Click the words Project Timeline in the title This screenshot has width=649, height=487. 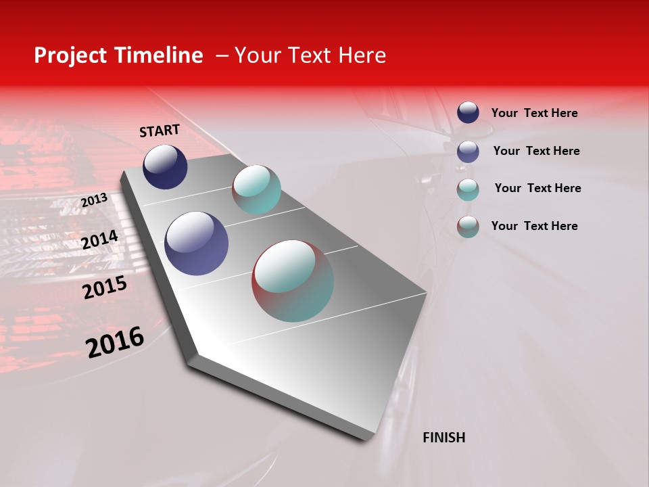pos(118,55)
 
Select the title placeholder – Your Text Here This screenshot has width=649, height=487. pos(301,55)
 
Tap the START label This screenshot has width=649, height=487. pos(160,131)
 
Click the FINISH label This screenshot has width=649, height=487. pos(443,438)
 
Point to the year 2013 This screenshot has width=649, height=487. pos(94,200)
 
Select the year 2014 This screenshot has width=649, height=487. pos(100,239)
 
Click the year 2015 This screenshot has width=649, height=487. pos(105,287)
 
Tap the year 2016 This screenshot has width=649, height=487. pos(115,342)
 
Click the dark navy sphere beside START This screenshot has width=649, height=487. pos(165,167)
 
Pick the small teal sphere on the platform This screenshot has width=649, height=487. pos(256,189)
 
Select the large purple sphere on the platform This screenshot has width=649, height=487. pos(197,243)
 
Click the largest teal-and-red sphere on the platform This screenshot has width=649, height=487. pos(293,281)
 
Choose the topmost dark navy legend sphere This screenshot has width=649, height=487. pos(468,112)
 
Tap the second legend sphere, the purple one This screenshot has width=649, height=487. pos(468,152)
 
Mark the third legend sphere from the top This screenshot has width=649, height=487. pos(468,189)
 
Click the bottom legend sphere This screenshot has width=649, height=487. pos(468,227)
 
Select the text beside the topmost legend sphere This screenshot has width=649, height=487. pos(534,113)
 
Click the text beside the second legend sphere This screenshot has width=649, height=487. pos(536,151)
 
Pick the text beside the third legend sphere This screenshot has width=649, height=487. pos(537,188)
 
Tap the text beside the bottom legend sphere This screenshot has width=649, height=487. pos(534,226)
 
